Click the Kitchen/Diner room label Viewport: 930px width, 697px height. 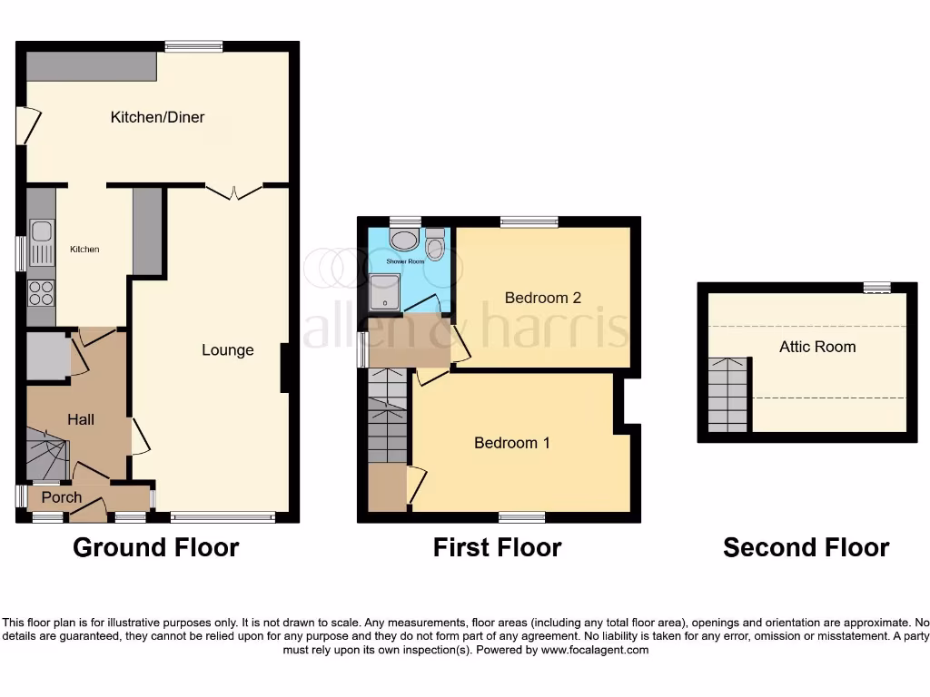tap(157, 117)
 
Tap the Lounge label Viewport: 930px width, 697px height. tap(227, 350)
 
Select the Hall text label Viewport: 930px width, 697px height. tap(81, 419)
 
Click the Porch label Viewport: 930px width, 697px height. tap(61, 497)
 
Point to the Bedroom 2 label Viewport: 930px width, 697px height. tap(542, 298)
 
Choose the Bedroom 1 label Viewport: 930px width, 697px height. tap(511, 443)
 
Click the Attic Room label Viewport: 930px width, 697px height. tap(816, 347)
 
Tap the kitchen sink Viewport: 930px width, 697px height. tap(41, 240)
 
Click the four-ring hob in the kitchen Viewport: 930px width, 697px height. tap(42, 291)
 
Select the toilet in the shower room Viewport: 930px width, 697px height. tap(434, 242)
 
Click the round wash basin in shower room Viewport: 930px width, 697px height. tap(402, 239)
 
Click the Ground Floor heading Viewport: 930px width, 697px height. tap(155, 548)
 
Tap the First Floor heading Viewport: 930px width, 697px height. tap(497, 548)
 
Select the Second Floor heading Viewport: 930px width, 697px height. tap(806, 548)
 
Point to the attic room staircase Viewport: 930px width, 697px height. tap(729, 394)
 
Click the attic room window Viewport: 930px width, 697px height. tap(876, 288)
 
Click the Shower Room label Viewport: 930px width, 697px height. tap(405, 261)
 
